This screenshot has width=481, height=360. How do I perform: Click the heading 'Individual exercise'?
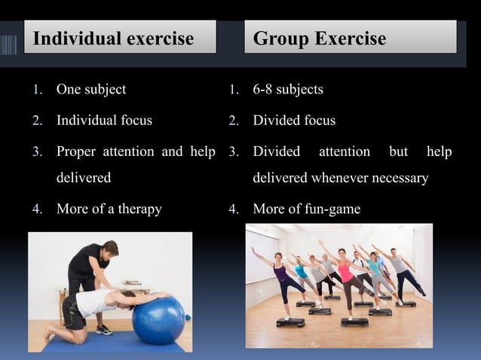pyautogui.click(x=113, y=38)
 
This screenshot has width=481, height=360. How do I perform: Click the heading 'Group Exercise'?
pyautogui.click(x=319, y=38)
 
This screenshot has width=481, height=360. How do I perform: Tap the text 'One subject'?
pyautogui.click(x=91, y=90)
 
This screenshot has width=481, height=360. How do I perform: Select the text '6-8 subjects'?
pyautogui.click(x=288, y=90)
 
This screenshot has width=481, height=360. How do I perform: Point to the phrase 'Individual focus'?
pyautogui.click(x=104, y=121)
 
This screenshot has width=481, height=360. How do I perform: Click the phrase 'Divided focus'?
pyautogui.click(x=294, y=121)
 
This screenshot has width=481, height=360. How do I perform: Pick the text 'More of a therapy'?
pyautogui.click(x=109, y=209)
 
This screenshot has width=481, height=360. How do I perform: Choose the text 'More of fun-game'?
pyautogui.click(x=306, y=209)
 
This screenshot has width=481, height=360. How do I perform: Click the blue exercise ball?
pyautogui.click(x=160, y=319)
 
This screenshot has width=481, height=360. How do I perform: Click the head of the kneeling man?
pyautogui.click(x=130, y=298)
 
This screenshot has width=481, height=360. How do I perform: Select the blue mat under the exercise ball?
pyautogui.click(x=113, y=345)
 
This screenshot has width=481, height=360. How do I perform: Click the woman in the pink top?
pyautogui.click(x=346, y=275)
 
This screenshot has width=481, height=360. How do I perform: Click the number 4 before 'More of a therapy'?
pyautogui.click(x=36, y=209)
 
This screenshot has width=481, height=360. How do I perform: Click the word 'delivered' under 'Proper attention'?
pyautogui.click(x=83, y=178)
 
